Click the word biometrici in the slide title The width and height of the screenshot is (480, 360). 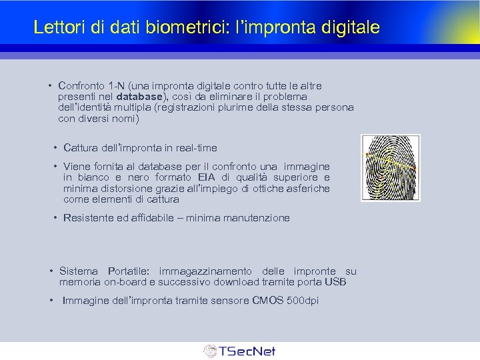point(171,27)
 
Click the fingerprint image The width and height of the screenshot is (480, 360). point(390,167)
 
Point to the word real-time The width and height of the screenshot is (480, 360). point(195,147)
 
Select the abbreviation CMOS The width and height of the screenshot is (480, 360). point(267,301)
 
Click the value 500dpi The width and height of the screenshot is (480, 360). point(302,301)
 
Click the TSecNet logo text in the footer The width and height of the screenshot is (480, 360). point(247,351)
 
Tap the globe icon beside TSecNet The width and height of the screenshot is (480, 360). point(210,351)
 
